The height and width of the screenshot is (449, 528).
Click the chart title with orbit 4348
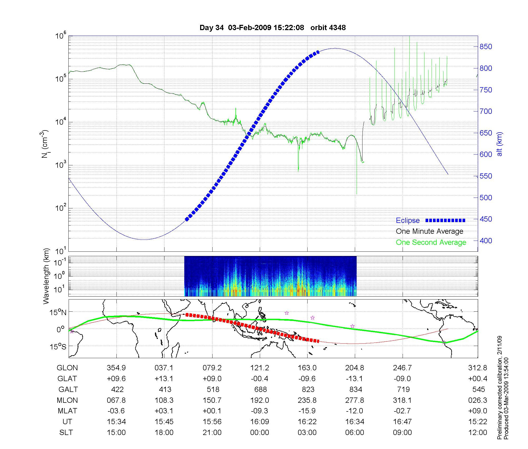[272, 28]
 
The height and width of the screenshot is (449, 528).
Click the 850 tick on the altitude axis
[486, 47]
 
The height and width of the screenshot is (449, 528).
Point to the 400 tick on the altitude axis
[486, 241]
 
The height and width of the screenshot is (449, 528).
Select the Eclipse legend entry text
[408, 221]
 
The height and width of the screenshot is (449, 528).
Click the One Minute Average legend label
[430, 231]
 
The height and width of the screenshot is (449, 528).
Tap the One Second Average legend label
[431, 242]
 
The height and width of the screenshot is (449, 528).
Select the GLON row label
[67, 368]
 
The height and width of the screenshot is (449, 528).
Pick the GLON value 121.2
[260, 368]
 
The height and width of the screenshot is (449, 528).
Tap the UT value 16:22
[307, 422]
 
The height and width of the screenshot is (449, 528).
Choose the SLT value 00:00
[260, 433]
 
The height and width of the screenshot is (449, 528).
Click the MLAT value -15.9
[307, 411]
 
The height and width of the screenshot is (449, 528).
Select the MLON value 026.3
[478, 400]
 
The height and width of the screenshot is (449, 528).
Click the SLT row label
[66, 433]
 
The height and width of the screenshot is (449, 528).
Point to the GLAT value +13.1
[164, 379]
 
